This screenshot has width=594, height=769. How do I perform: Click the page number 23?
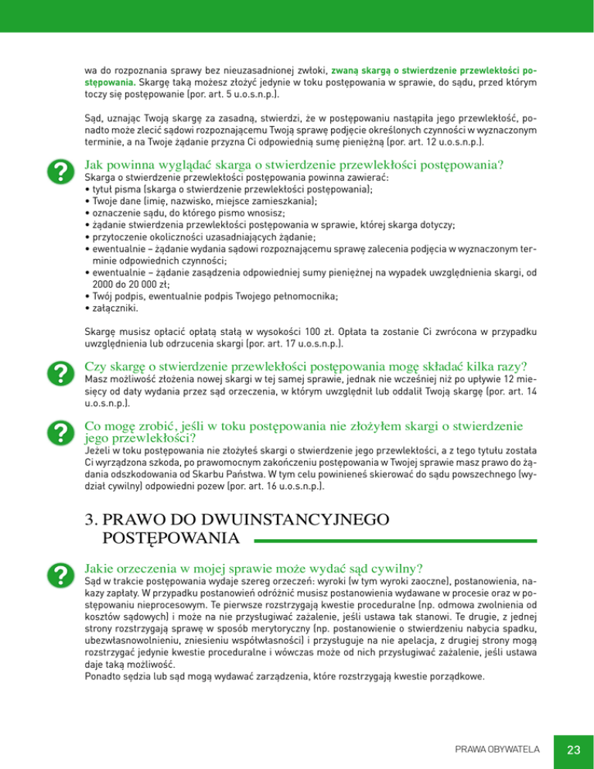pos(573,748)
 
